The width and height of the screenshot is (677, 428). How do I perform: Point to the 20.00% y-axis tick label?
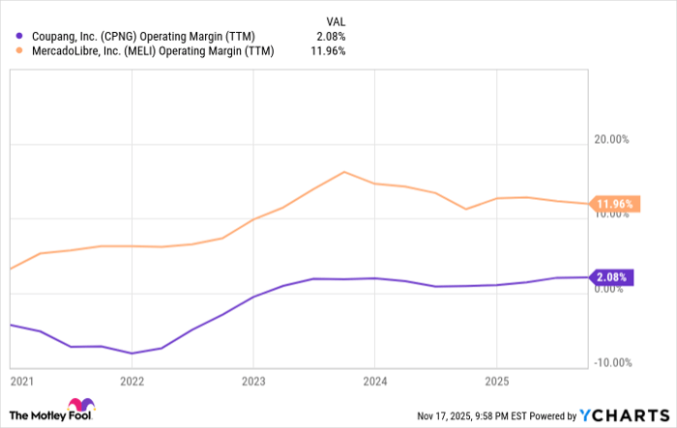pos(611,139)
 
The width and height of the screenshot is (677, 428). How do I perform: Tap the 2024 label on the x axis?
pos(374,381)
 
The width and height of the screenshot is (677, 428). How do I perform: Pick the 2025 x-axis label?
pos(496,381)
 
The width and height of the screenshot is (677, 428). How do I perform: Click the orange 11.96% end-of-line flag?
pos(613,204)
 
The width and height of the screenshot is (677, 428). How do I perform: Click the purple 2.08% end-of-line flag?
pos(611,277)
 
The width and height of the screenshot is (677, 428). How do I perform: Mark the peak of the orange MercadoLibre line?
pos(344,172)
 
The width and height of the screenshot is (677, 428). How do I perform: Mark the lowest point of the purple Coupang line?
pos(132,354)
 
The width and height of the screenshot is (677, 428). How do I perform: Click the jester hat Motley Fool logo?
pos(81,406)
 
